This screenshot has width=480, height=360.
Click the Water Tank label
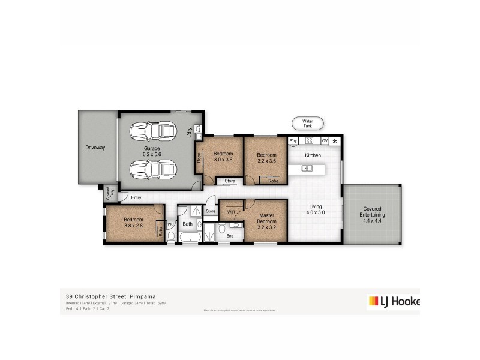307,123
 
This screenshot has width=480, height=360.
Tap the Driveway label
95,147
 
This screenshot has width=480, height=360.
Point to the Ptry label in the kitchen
293,141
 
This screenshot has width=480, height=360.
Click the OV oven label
325,141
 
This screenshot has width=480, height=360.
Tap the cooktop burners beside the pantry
310,141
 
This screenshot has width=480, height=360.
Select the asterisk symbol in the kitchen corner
334,142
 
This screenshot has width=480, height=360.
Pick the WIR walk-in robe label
231,211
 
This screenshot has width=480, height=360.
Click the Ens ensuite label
229,236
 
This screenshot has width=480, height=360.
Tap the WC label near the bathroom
170,224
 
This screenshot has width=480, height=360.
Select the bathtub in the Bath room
191,238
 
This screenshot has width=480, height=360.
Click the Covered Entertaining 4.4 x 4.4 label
373,215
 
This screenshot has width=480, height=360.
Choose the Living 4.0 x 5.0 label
315,209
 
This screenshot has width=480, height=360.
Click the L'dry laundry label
190,133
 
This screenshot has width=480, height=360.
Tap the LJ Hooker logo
393,302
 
